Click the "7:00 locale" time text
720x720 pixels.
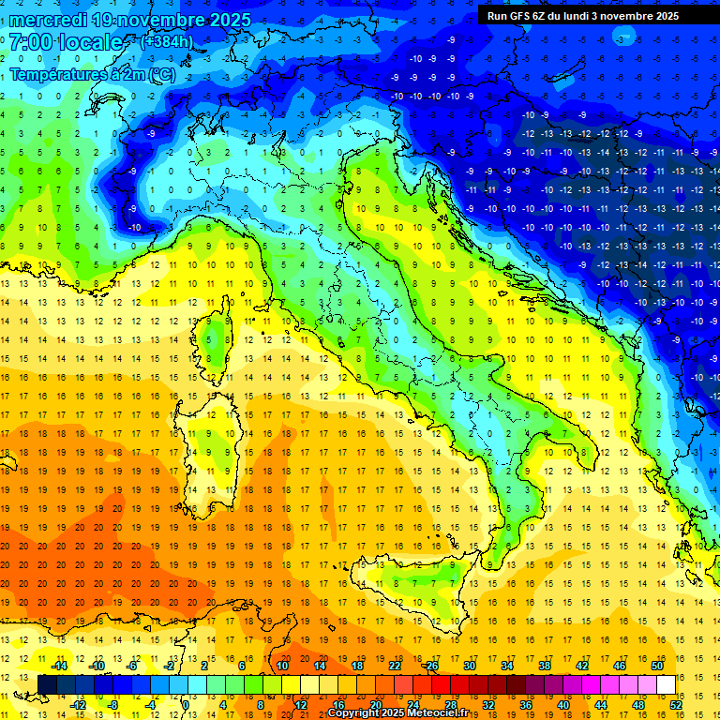(66, 42)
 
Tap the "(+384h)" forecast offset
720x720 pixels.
(166, 41)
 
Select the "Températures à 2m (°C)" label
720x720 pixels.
(92, 73)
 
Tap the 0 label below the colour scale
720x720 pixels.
(185, 704)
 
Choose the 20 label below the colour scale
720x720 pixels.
(375, 704)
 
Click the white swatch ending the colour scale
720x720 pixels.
(666, 684)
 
